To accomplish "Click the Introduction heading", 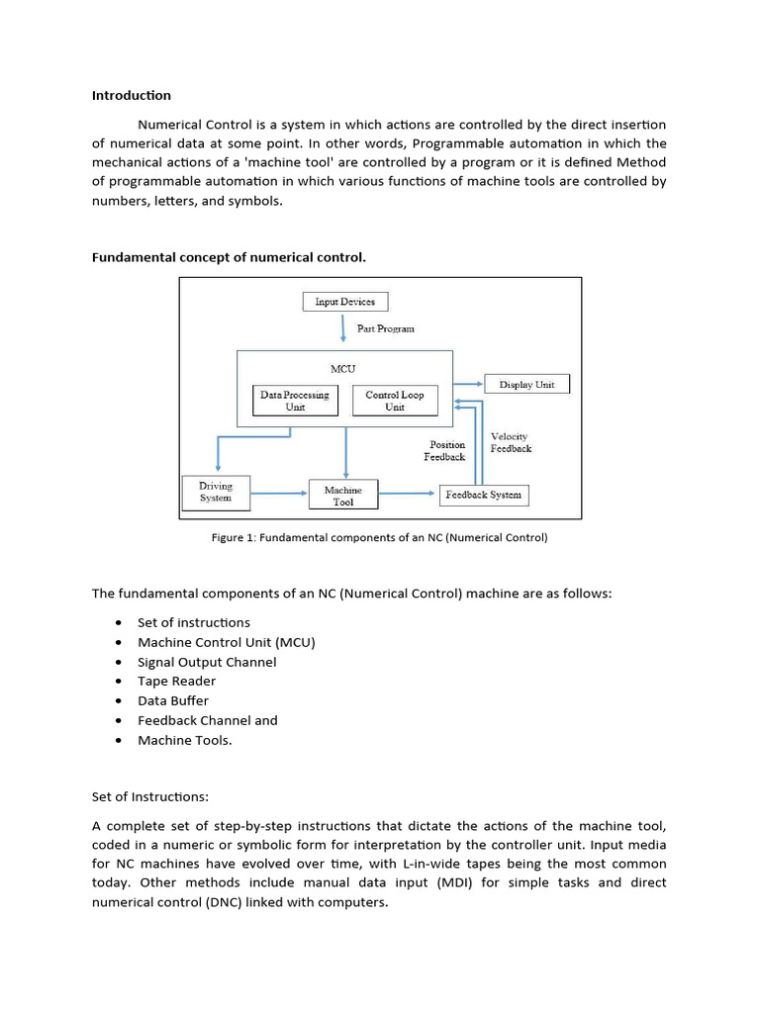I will point(131,96).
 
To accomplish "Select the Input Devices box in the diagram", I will point(344,302).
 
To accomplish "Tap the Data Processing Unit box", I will point(295,401).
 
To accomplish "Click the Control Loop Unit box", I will point(394,401).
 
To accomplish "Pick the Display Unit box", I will point(526,385).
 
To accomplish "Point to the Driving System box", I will point(216,492).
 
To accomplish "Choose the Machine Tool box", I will point(343,496).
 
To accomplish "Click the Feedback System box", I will point(483,495).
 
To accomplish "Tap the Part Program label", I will point(386,328).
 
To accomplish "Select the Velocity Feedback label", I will point(511,442).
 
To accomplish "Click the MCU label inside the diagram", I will point(343,368).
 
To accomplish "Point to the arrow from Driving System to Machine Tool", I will point(279,493).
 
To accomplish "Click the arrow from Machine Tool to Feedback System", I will point(409,493).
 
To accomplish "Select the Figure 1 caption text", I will point(379,538).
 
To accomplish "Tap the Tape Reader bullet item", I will point(176,681).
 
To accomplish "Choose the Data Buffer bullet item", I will point(173,700).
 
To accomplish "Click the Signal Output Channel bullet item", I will point(207,662).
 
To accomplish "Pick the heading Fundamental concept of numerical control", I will point(229,257).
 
